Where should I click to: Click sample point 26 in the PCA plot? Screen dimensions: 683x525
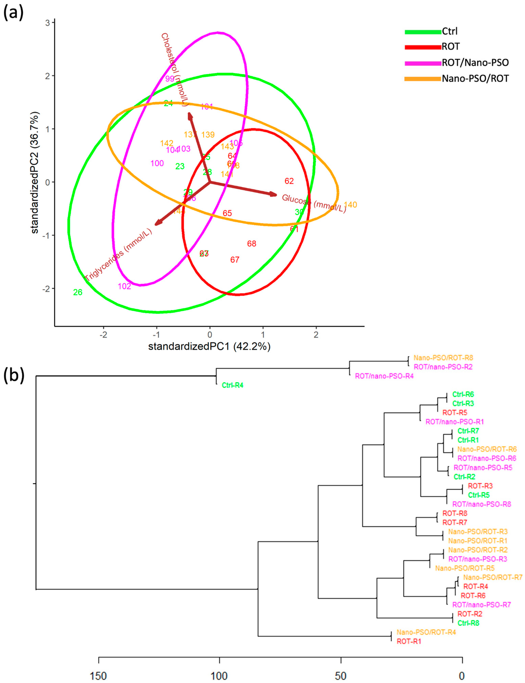78,292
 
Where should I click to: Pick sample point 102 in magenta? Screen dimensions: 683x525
124,286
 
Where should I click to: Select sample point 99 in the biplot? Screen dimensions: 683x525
170,79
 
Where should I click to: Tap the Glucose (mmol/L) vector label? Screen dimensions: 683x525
314,203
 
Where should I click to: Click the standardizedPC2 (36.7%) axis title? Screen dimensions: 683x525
35,173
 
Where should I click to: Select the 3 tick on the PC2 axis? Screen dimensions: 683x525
48,23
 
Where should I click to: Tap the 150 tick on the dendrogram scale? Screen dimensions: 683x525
99,676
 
